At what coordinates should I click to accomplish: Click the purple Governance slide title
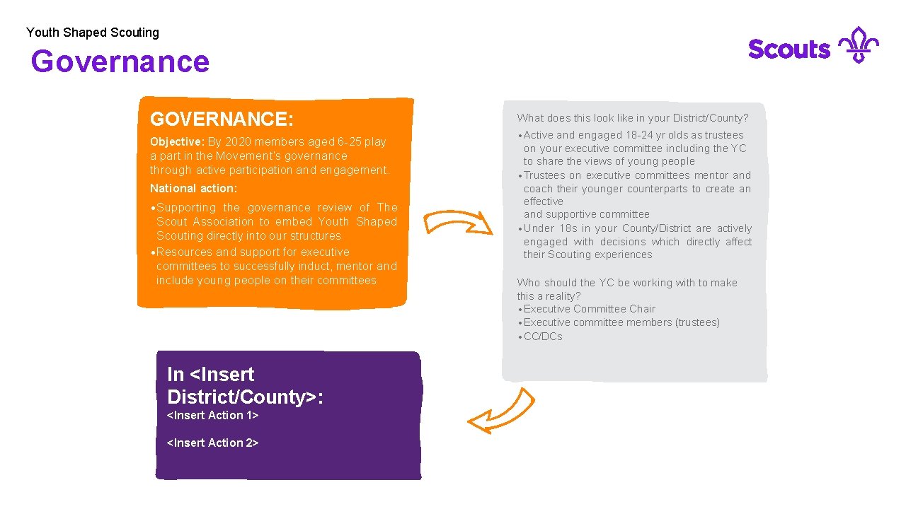(x=120, y=62)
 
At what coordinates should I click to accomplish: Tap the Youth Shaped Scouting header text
(x=93, y=33)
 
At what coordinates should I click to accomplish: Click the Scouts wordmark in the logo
(x=789, y=49)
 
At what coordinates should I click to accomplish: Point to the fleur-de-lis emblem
(x=858, y=45)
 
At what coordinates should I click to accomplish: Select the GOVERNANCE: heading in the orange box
(x=222, y=118)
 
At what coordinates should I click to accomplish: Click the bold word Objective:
(x=177, y=141)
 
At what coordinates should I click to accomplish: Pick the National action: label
(x=193, y=189)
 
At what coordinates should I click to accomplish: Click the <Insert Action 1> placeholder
(x=212, y=416)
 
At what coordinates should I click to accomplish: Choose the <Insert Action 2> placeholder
(x=212, y=443)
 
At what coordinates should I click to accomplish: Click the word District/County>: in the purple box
(x=245, y=397)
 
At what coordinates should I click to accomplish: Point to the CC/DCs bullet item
(x=543, y=337)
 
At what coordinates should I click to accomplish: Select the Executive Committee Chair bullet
(x=590, y=309)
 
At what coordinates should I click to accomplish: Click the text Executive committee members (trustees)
(x=621, y=322)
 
